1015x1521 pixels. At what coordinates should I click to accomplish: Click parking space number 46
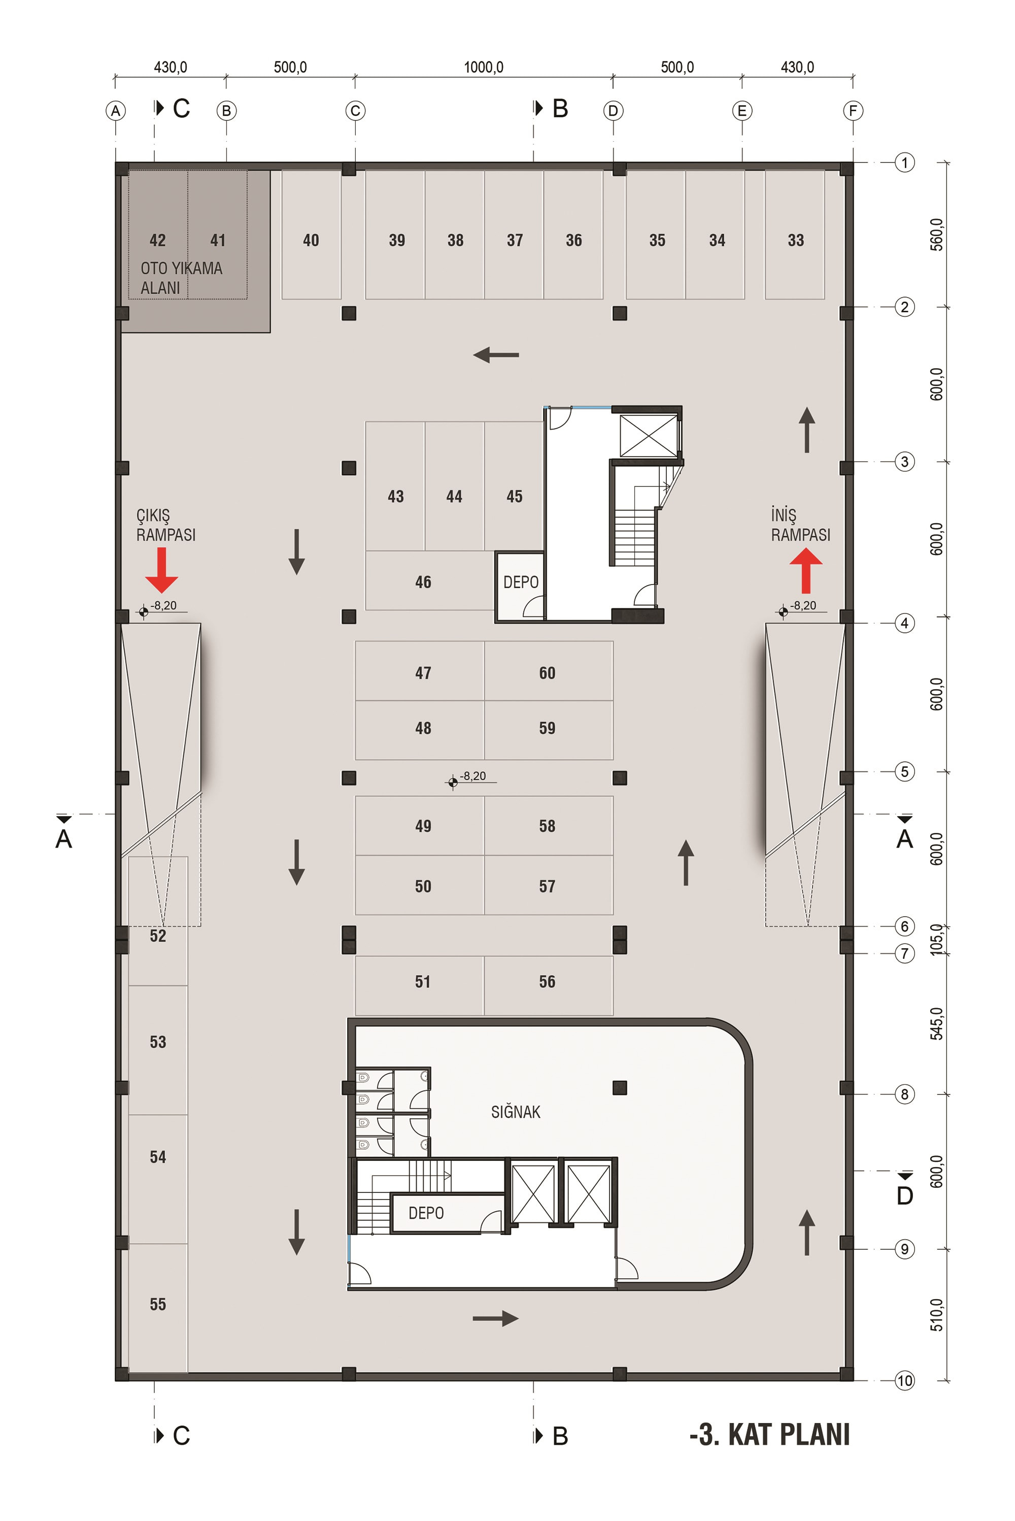(x=423, y=581)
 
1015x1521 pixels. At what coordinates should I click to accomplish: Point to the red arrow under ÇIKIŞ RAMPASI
(x=161, y=570)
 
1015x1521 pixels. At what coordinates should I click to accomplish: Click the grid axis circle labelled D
(x=613, y=111)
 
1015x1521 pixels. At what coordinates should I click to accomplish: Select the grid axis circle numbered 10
(x=904, y=1380)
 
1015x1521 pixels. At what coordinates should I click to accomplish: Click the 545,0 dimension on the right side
(x=937, y=1023)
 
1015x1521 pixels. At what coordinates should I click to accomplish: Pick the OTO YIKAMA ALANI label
(x=181, y=278)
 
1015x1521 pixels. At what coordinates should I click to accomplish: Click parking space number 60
(x=547, y=673)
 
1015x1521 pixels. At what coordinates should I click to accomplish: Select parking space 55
(x=158, y=1304)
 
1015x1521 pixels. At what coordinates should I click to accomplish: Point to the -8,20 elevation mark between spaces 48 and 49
(x=472, y=778)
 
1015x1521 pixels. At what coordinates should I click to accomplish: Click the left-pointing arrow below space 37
(x=496, y=355)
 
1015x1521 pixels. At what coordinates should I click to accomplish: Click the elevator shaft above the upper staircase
(x=648, y=436)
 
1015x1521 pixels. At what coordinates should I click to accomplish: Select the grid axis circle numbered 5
(x=904, y=771)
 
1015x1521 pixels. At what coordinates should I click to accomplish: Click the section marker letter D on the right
(x=904, y=1195)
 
